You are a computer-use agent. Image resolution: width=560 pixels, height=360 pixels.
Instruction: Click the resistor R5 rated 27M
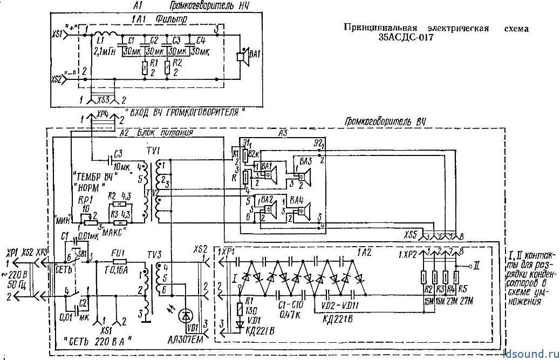click(x=457, y=278)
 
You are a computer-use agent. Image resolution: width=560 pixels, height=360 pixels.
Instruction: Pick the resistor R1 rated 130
click(x=240, y=309)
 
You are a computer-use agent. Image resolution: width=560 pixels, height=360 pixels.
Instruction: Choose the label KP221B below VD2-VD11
click(x=338, y=319)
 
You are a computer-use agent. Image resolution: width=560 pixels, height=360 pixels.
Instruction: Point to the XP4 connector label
click(x=102, y=114)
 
